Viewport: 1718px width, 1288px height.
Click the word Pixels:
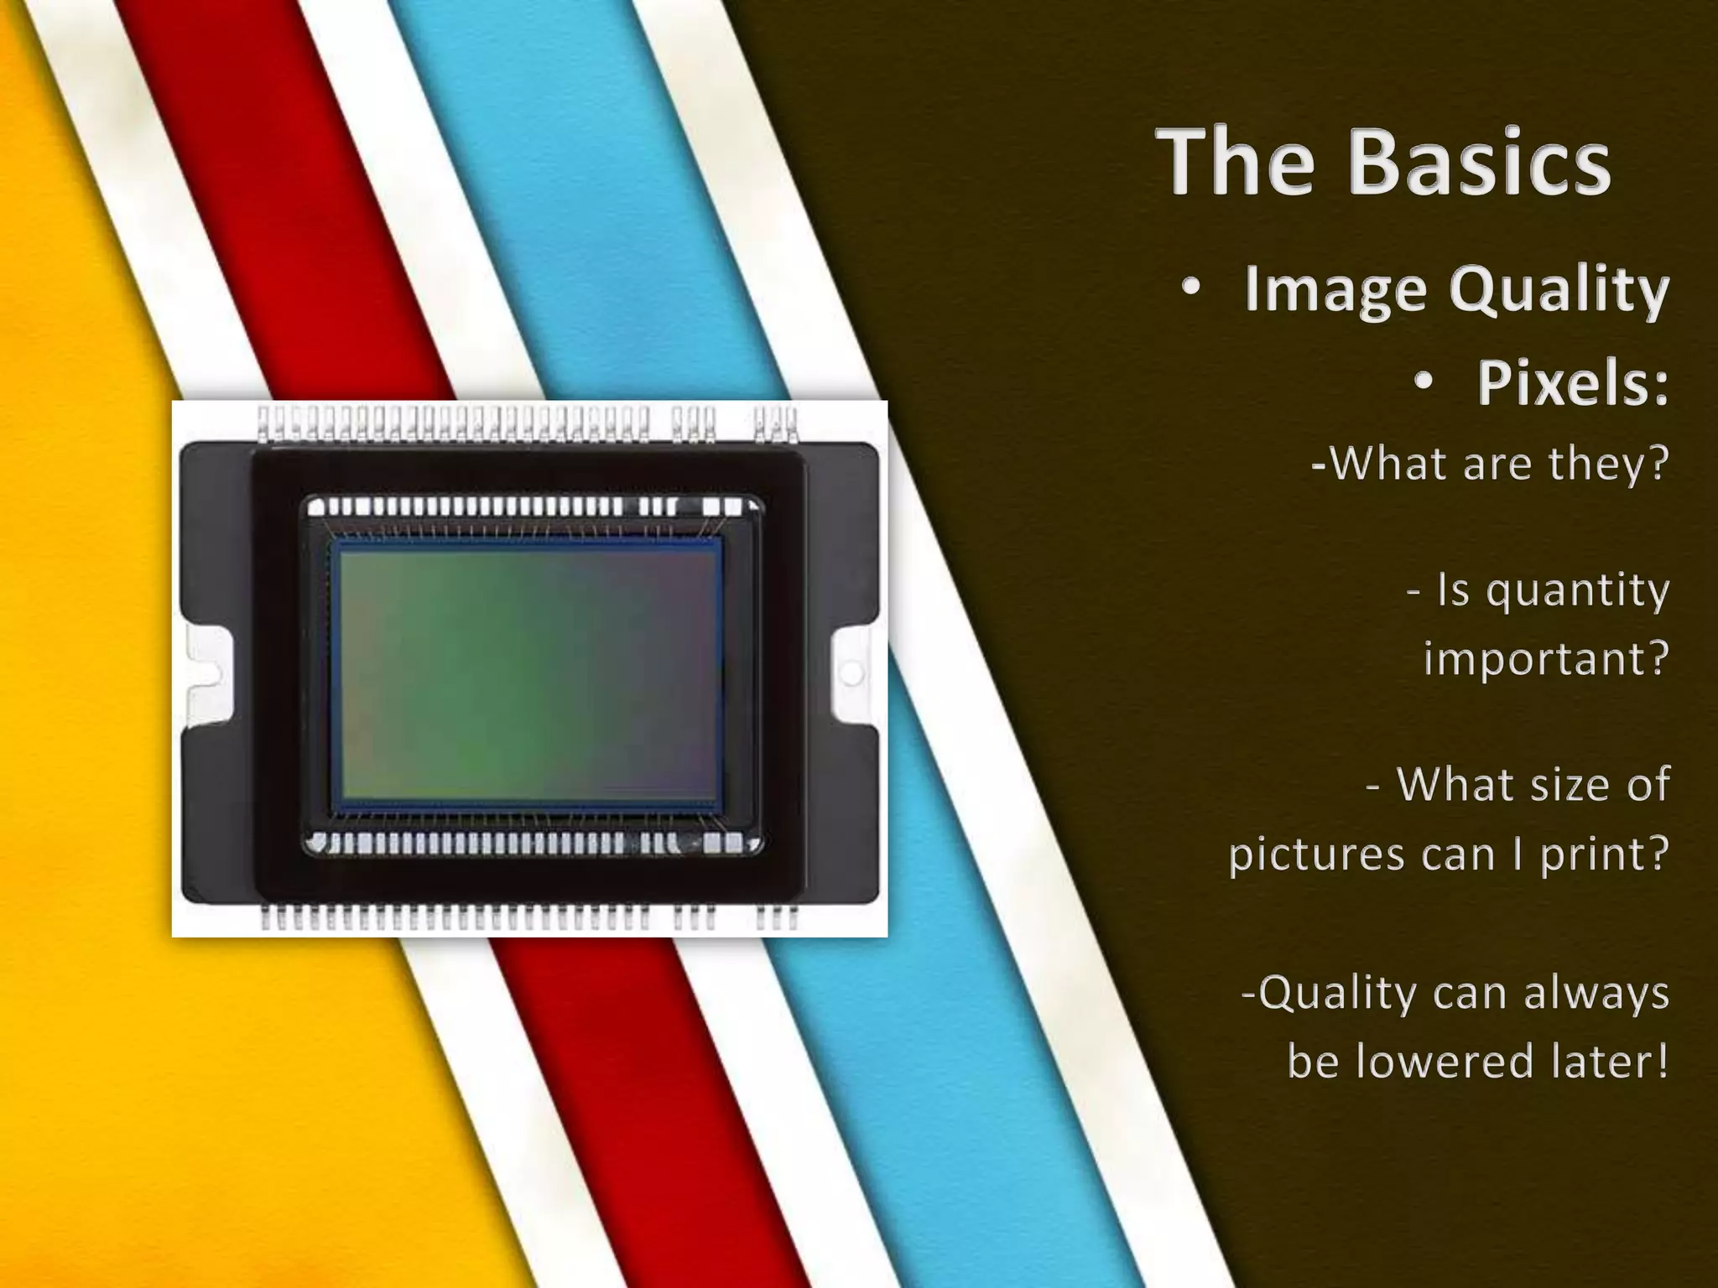1573,383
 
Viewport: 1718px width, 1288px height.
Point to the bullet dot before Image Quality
1191,288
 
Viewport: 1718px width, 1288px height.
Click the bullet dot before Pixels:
1424,382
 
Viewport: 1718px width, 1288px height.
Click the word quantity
1577,591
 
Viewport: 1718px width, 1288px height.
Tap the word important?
1546,659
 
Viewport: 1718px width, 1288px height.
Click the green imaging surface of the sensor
528,671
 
